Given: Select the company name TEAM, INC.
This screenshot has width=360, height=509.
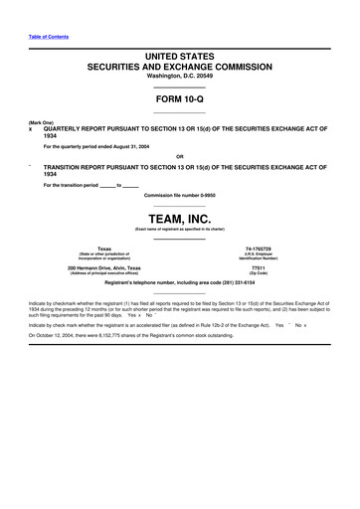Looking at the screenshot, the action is (179, 218).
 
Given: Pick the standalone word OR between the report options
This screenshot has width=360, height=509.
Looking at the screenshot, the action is (179, 156).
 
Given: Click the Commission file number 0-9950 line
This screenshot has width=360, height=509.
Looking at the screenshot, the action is (179, 195).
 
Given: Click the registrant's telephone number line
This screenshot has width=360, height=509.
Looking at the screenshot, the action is (179, 283).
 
